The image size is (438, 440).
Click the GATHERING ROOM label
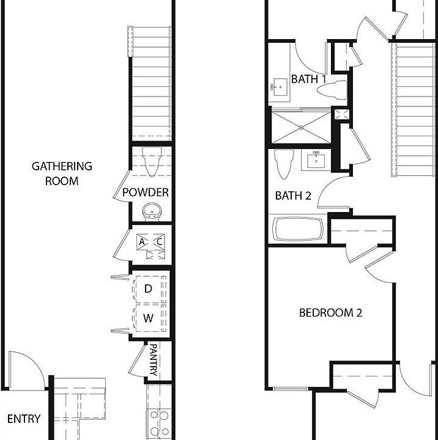tap(62, 173)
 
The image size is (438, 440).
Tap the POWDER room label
tap(146, 193)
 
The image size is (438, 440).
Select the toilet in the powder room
tap(150, 161)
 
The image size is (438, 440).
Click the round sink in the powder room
tap(150, 212)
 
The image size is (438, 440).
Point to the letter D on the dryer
tap(148, 288)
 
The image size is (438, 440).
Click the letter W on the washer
tap(148, 318)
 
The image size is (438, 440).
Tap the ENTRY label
tap(24, 419)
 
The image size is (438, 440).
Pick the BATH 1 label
tap(308, 79)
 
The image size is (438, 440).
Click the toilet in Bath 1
tap(331, 90)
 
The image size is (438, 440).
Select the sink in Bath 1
tap(280, 88)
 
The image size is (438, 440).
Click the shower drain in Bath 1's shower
tap(302, 127)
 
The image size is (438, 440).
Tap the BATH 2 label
tap(293, 196)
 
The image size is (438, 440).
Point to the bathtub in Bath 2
tap(298, 230)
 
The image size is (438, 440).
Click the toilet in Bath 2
tap(282, 164)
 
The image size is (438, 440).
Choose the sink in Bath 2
tap(317, 160)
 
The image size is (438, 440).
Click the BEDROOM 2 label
tap(330, 313)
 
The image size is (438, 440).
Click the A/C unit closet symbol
tap(150, 242)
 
